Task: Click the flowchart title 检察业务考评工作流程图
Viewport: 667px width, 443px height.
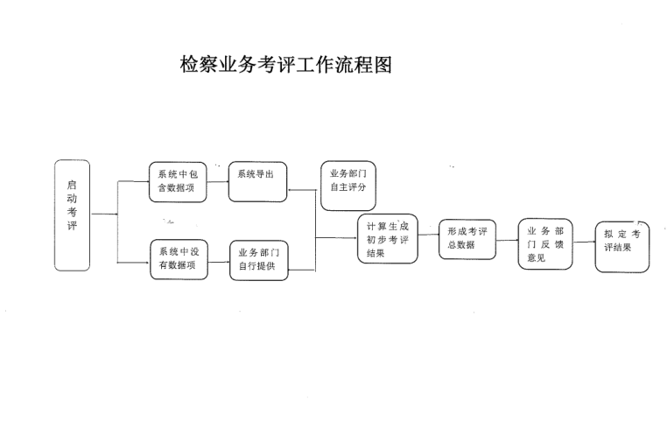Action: (x=285, y=66)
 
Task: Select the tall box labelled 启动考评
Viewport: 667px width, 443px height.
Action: (x=73, y=214)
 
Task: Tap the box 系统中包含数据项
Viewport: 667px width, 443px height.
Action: (x=177, y=181)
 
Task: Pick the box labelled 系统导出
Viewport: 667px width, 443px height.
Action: (x=258, y=181)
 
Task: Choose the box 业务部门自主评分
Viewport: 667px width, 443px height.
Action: (x=348, y=186)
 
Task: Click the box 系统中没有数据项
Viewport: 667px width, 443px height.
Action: (x=179, y=258)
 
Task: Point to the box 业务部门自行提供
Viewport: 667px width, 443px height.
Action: (x=258, y=260)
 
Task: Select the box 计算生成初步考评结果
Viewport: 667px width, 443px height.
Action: (x=388, y=237)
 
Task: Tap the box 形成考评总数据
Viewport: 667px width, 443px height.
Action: (x=467, y=238)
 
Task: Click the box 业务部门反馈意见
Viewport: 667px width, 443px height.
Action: (x=544, y=244)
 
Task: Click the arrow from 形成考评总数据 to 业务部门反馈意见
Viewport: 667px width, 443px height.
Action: (x=507, y=239)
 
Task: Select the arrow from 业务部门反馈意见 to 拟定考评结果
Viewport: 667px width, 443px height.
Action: (x=583, y=239)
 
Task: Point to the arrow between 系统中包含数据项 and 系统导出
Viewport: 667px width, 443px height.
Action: (x=219, y=178)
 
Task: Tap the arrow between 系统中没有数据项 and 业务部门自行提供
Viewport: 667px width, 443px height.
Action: (x=219, y=258)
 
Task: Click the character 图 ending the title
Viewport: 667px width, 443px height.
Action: (x=381, y=66)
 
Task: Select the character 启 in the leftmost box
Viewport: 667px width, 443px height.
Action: (x=73, y=186)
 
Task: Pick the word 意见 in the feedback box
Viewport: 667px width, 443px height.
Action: (x=537, y=258)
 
